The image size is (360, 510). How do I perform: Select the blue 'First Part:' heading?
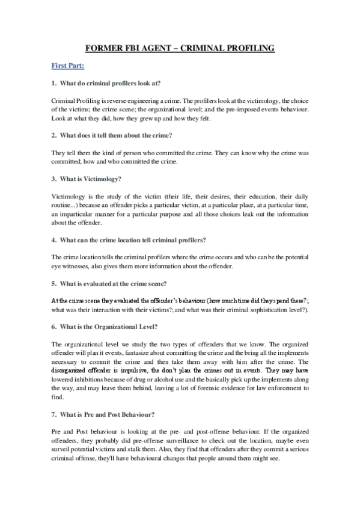[x=68, y=65]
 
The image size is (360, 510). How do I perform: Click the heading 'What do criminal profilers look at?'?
[x=111, y=82]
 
